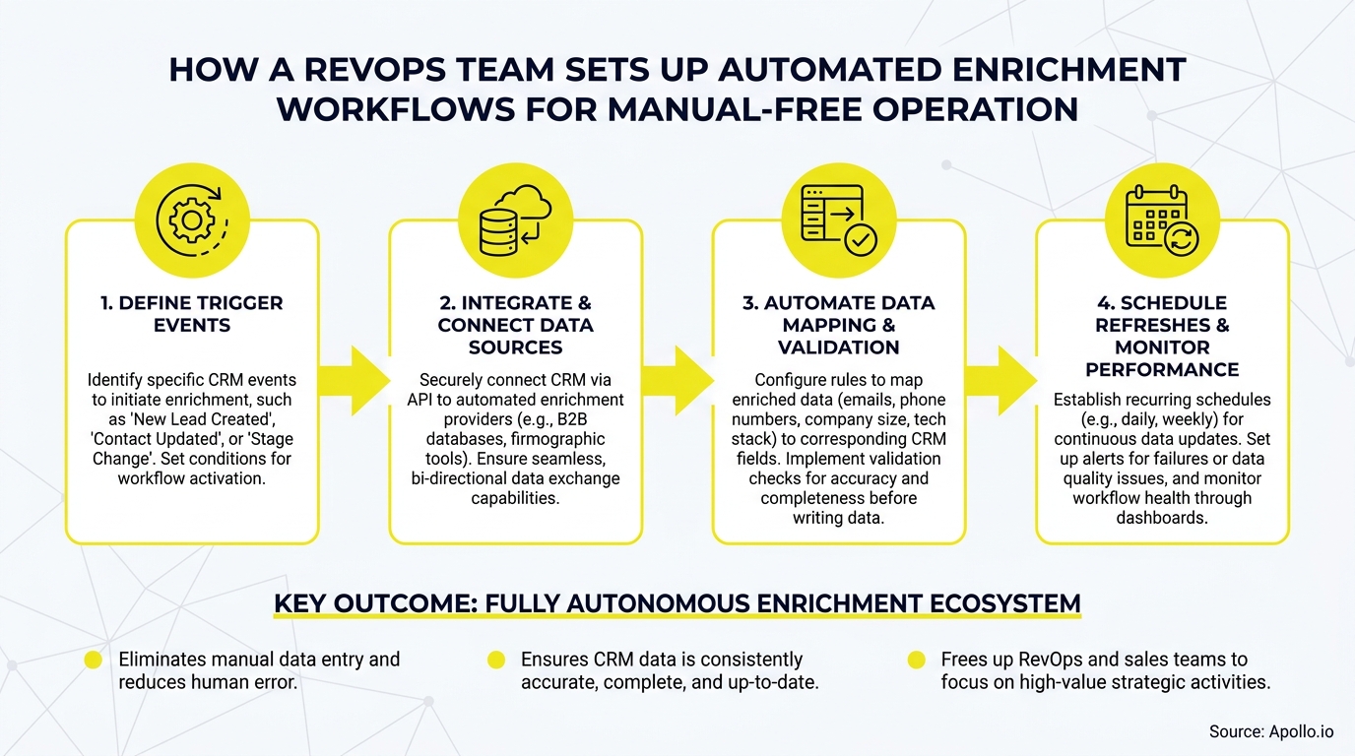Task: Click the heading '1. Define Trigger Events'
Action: click(x=192, y=314)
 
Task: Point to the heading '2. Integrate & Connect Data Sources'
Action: click(x=515, y=325)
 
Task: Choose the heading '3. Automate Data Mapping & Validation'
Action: click(x=838, y=325)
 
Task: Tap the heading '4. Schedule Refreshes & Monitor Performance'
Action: click(x=1162, y=336)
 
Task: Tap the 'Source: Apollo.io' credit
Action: click(x=1271, y=731)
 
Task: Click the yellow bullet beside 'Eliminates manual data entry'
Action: click(x=94, y=661)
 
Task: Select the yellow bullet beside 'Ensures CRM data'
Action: click(x=496, y=661)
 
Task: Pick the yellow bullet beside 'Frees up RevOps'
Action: click(x=917, y=661)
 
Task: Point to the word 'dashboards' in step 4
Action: click(x=1162, y=518)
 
